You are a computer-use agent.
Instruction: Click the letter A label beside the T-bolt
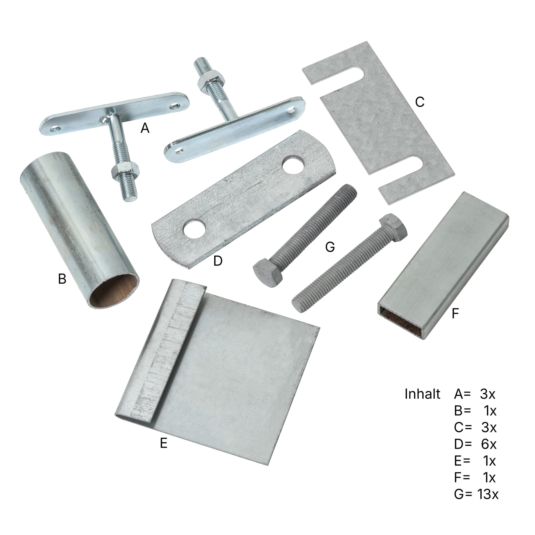click(145, 128)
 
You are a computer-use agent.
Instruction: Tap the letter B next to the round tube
click(62, 279)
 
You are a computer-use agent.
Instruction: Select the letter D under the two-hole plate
click(218, 261)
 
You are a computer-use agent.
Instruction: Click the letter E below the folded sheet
click(164, 443)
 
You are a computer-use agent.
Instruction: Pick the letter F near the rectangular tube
click(455, 314)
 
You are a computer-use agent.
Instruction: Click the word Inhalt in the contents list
click(422, 394)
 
